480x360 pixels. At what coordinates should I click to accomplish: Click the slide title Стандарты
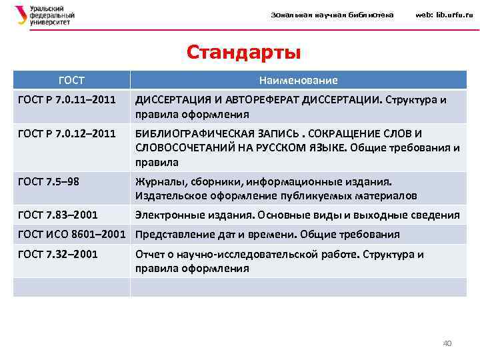tap(243, 52)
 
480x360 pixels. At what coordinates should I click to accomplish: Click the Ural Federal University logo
tap(44, 15)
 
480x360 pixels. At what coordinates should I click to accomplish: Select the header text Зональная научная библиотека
tap(332, 15)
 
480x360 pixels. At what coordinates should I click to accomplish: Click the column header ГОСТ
tap(71, 80)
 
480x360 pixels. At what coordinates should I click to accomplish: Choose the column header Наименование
tap(298, 80)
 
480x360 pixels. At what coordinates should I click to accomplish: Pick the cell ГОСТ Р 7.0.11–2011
tap(66, 100)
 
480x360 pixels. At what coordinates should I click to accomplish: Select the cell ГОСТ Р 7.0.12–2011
tap(66, 133)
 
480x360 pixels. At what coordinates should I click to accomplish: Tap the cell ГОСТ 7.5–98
tap(52, 181)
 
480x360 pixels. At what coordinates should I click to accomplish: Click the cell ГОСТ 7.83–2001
tap(59, 215)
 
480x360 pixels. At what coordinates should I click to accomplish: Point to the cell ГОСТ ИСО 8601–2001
tap(71, 234)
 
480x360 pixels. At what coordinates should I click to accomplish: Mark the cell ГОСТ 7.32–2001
tap(59, 254)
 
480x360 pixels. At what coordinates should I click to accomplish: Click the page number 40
tap(447, 343)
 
